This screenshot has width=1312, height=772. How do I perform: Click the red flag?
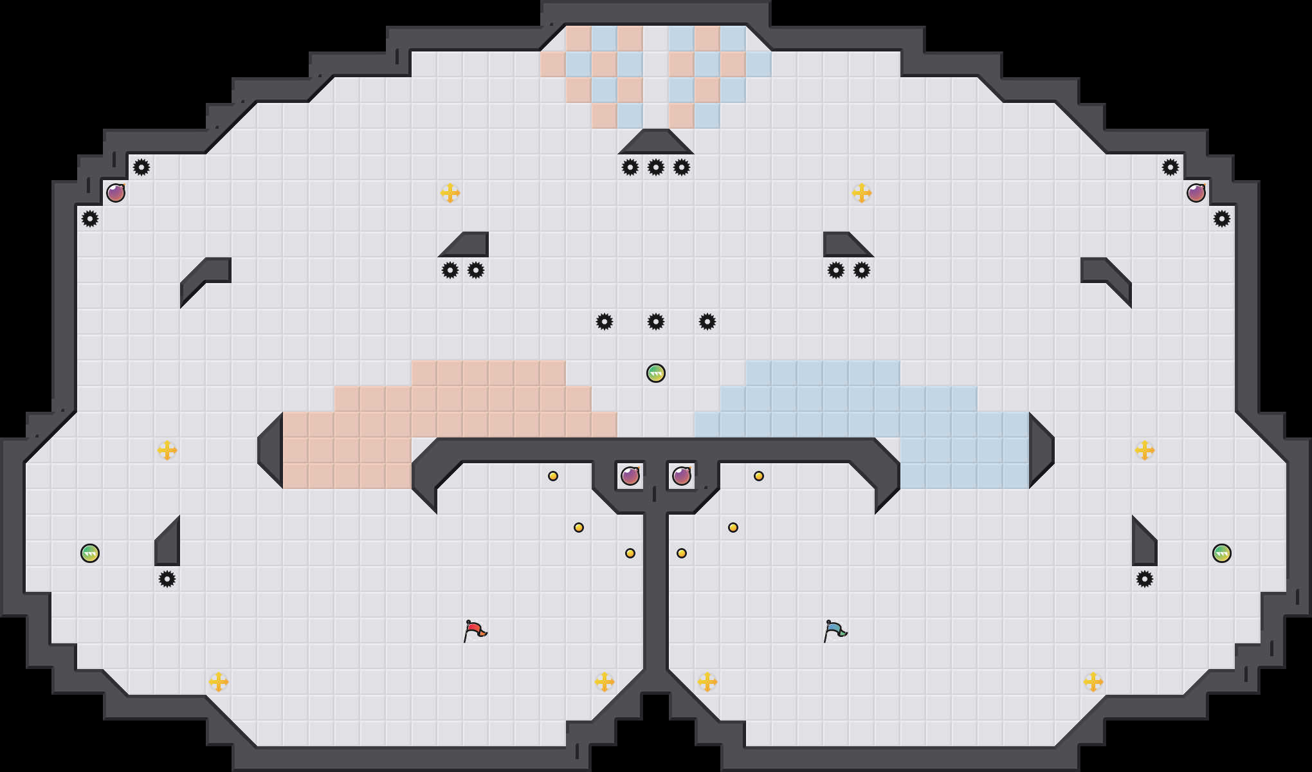tap(475, 630)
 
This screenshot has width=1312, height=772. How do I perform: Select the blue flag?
tap(835, 630)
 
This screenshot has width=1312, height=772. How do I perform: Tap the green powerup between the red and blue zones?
tap(656, 373)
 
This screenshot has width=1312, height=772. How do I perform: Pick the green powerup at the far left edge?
tap(90, 553)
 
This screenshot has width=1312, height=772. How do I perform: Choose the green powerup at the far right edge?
tap(1222, 553)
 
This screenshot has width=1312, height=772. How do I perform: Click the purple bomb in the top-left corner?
tap(116, 193)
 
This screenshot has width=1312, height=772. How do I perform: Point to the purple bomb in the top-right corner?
tap(1196, 193)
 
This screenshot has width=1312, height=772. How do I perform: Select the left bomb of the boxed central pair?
tap(630, 476)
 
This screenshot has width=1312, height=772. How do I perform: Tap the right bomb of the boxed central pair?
tap(682, 476)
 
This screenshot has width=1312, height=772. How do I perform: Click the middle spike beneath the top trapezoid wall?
tap(656, 167)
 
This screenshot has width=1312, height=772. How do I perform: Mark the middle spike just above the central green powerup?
tap(656, 322)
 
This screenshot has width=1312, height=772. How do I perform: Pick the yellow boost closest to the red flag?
tap(605, 682)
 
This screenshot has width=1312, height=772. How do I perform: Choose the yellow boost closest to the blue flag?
tap(707, 682)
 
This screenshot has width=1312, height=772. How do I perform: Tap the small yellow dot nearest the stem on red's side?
tap(630, 553)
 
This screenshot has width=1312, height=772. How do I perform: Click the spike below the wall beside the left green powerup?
tap(167, 579)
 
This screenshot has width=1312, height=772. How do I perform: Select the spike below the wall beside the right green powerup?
tap(1145, 579)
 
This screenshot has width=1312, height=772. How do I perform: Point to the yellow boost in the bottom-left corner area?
tap(219, 682)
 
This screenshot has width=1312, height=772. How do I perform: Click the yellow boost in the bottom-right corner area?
tap(1093, 682)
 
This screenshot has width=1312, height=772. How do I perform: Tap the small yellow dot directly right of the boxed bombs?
tap(759, 476)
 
